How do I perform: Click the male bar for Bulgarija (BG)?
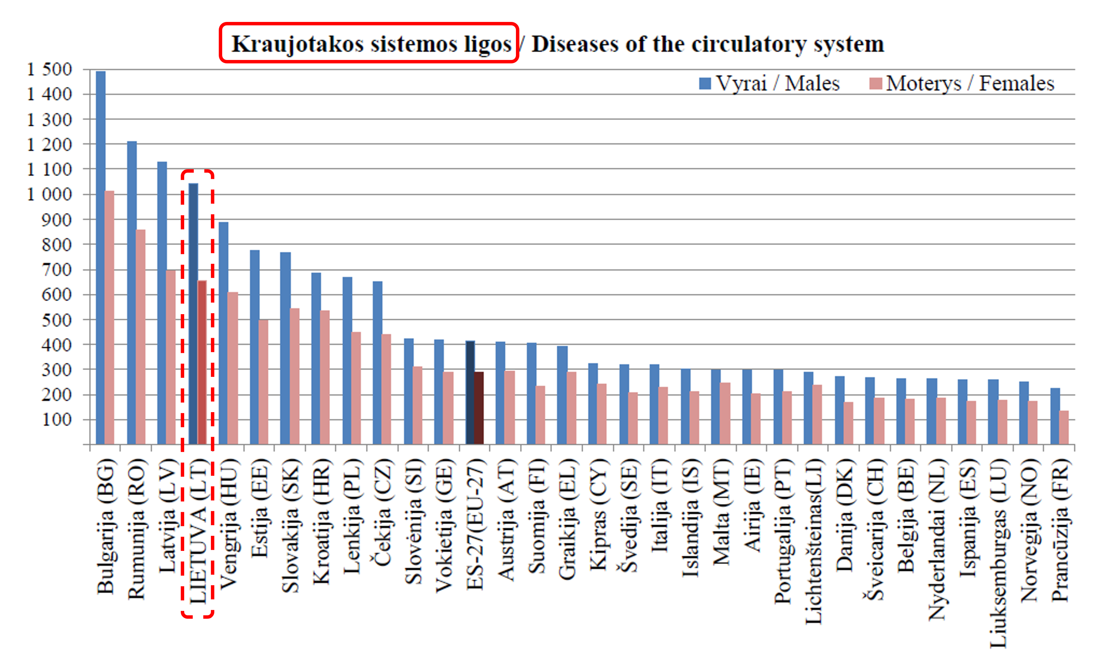(101, 257)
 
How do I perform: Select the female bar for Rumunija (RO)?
(141, 337)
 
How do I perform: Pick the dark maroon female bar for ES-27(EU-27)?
(479, 408)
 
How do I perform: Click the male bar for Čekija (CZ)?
(378, 363)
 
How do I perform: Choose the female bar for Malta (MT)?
(725, 413)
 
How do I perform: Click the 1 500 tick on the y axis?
(50, 69)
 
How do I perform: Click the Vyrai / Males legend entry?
(769, 84)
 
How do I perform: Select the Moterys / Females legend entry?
(962, 84)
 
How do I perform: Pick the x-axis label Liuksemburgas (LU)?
(998, 554)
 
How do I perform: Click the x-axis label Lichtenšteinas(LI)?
(813, 541)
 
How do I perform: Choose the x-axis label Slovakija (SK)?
(291, 526)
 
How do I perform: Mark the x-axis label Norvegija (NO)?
(1029, 530)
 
